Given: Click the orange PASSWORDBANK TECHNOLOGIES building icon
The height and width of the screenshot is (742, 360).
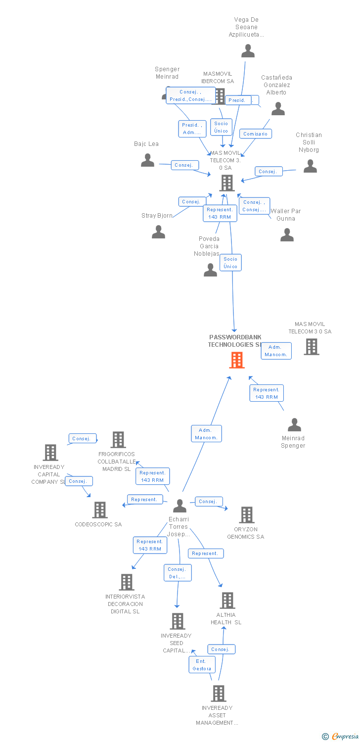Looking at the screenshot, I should coord(237,360).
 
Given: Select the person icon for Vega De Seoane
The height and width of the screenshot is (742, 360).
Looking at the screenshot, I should coord(248,50).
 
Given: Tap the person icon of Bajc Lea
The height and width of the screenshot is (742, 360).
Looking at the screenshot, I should coord(147,160).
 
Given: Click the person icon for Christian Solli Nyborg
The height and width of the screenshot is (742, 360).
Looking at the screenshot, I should coord(310,166).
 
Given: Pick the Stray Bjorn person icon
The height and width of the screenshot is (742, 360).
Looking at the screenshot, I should coord(158,232).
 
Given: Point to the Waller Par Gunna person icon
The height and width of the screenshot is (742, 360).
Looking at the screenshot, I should coord(287,234).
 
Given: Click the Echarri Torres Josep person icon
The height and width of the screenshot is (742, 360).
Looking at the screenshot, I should coord(180,506).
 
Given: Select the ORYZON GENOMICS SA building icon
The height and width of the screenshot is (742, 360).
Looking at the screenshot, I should coord(246,515).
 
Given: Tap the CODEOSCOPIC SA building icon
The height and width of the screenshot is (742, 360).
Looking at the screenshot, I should coord(100,510).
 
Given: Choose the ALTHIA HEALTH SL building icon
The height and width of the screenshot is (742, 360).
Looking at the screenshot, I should coord(227,601).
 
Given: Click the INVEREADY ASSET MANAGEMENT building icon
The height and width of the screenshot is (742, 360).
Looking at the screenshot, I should coord(219,694).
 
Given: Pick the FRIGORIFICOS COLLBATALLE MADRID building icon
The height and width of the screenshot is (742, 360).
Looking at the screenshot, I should coord(118,440).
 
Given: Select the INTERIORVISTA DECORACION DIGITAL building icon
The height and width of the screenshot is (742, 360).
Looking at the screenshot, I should coord(127,582).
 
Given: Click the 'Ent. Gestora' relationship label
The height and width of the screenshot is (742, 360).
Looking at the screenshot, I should coord(202,665).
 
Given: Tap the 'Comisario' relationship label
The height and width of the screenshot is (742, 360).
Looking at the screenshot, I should coord(255,134).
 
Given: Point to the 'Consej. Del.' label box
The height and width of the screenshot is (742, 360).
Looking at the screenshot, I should coord(177,573).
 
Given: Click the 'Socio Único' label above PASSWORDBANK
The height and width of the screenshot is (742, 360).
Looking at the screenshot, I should coord(230,263).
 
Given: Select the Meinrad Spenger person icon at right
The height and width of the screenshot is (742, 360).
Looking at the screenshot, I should coord(294,424).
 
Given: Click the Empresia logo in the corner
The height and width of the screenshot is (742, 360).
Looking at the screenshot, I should coord(341,737).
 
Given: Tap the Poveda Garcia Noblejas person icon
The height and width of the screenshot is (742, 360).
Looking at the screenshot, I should coord(211,270).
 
